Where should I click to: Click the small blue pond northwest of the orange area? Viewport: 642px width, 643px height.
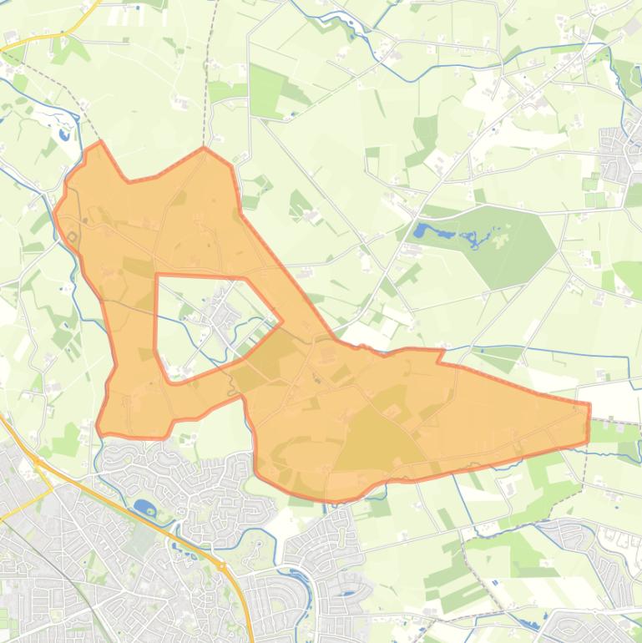pyautogui.click(x=64, y=133)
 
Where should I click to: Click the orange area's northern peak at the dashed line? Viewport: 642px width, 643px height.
pyautogui.click(x=204, y=149)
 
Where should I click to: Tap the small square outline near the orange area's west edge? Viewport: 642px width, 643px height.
pyautogui.click(x=72, y=238)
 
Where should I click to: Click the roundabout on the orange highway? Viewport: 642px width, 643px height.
pyautogui.click(x=222, y=566)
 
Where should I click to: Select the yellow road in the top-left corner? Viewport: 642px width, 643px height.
pyautogui.click(x=50, y=38)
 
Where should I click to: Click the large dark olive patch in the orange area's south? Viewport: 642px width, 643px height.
pyautogui.click(x=376, y=434)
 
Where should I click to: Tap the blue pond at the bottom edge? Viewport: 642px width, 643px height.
pyautogui.click(x=526, y=625)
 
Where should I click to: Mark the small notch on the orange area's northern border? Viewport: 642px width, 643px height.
pyautogui.click(x=439, y=357)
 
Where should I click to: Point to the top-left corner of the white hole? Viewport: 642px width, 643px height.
pyautogui.click(x=156, y=275)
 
